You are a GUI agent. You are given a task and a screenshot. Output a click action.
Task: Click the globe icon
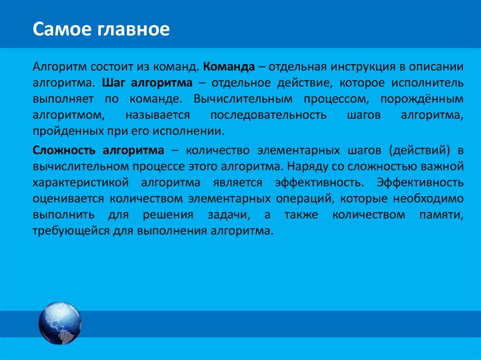[60, 323]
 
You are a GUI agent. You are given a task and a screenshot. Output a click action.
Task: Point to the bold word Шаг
[112, 83]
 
